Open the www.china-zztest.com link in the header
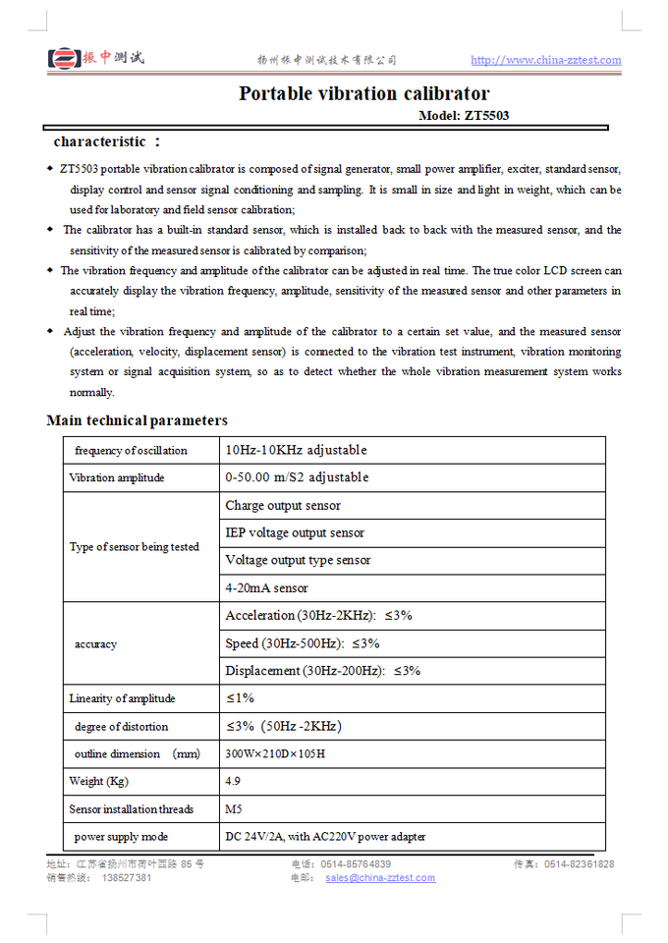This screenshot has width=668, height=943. tap(545, 60)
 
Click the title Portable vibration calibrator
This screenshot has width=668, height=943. tap(363, 94)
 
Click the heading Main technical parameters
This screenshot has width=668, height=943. tap(137, 420)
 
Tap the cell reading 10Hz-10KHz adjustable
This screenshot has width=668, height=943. tap(296, 450)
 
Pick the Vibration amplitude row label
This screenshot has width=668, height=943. tap(117, 477)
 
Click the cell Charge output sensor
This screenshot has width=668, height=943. tap(283, 505)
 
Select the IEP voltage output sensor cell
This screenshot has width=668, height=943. tap(295, 532)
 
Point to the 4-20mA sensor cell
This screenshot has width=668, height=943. tap(266, 587)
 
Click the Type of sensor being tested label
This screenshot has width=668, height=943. tap(134, 547)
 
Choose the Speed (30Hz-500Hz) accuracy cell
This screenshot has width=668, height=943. tap(302, 643)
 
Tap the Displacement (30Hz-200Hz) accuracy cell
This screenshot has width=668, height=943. tap(322, 671)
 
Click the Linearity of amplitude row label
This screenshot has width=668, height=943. tap(122, 698)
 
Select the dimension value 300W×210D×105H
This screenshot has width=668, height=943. tap(275, 753)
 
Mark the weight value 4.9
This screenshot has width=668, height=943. tap(233, 781)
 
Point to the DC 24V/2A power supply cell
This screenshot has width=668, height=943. tap(325, 837)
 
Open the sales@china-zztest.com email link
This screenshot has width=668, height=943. tap(380, 877)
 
